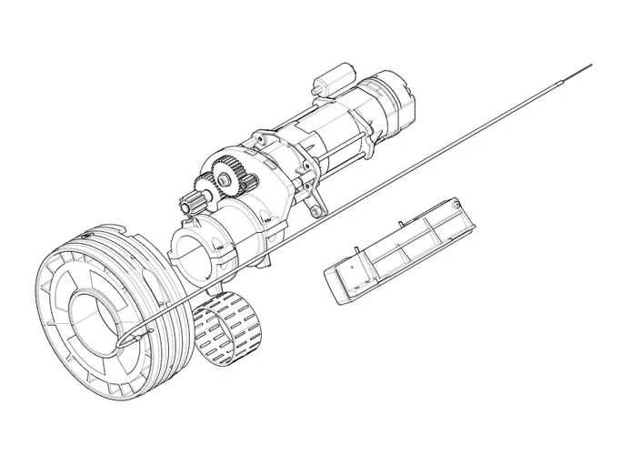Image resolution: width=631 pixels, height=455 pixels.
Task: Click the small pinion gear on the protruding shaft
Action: pos(196,206)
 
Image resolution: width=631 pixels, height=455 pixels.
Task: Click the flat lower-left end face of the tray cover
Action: pos(339,287)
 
